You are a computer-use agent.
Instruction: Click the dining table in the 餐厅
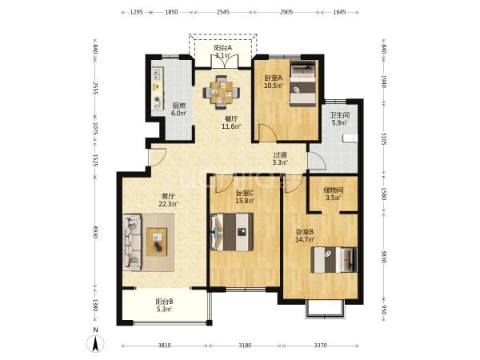point(222,92)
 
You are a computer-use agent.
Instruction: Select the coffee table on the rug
point(157,242)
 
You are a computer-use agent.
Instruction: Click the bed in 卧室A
point(302,83)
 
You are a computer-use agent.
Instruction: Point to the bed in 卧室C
point(232,232)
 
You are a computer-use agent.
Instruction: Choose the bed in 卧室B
point(334,259)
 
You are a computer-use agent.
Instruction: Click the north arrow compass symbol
point(96,342)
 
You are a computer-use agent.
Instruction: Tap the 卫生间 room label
point(339,115)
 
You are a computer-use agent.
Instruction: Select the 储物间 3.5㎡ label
point(334,194)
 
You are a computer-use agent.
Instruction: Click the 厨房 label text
point(179,106)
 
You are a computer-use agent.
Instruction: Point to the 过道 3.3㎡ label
point(280,158)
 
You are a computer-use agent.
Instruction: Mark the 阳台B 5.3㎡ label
point(164,306)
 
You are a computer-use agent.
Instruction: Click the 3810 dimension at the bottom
point(164,346)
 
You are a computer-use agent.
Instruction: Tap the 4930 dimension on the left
point(95,232)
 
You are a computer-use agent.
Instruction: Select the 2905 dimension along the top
point(286,12)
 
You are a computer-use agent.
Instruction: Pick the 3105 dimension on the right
point(384,138)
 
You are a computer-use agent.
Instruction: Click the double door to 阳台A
point(224,62)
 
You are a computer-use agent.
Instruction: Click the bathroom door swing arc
point(317,161)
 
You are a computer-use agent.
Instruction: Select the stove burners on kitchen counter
point(158,74)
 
